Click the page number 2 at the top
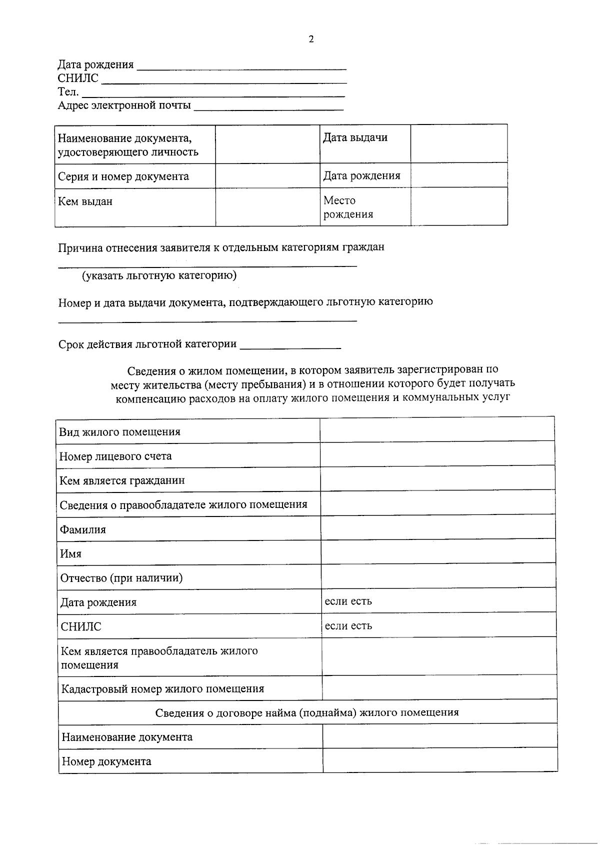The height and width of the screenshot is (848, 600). click(x=311, y=39)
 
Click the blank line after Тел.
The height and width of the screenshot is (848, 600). click(x=212, y=92)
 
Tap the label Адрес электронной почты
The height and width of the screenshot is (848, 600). click(x=124, y=105)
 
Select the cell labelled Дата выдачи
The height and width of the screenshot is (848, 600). click(x=355, y=138)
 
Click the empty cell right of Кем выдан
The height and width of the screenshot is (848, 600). click(x=267, y=207)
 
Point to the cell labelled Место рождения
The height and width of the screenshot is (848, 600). click(x=348, y=207)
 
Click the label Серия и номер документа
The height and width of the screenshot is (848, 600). click(x=123, y=176)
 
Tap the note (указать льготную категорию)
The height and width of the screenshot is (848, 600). click(x=159, y=275)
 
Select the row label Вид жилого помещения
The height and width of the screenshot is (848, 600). click(x=120, y=432)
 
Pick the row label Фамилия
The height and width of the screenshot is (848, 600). click(x=83, y=529)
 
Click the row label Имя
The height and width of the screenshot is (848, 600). click(x=71, y=554)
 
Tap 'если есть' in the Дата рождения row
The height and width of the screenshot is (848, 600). click(x=348, y=601)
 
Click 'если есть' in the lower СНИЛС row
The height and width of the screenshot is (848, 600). click(x=348, y=626)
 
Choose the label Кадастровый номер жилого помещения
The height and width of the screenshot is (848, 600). click(x=162, y=689)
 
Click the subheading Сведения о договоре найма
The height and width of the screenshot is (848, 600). click(x=307, y=712)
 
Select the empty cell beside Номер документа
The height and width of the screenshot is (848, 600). click(x=440, y=760)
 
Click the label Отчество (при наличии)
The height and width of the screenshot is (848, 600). click(x=121, y=578)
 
